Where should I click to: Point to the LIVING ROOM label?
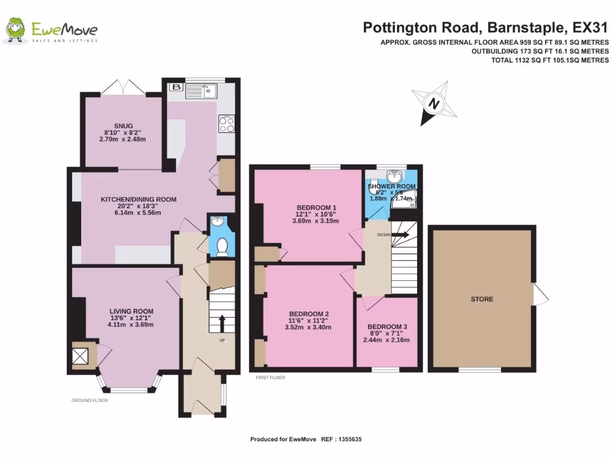(131, 311)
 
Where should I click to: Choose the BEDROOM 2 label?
(309, 314)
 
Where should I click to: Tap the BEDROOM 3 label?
(387, 327)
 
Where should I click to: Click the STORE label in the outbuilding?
(482, 299)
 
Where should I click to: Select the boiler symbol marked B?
(175, 87)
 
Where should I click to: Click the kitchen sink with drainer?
(201, 91)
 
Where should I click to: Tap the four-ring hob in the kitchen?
(226, 124)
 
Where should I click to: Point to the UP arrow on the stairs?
(222, 324)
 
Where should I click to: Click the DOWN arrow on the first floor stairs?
(401, 235)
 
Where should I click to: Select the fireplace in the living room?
(80, 356)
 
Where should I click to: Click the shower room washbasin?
(394, 177)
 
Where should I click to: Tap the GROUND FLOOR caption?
(90, 401)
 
